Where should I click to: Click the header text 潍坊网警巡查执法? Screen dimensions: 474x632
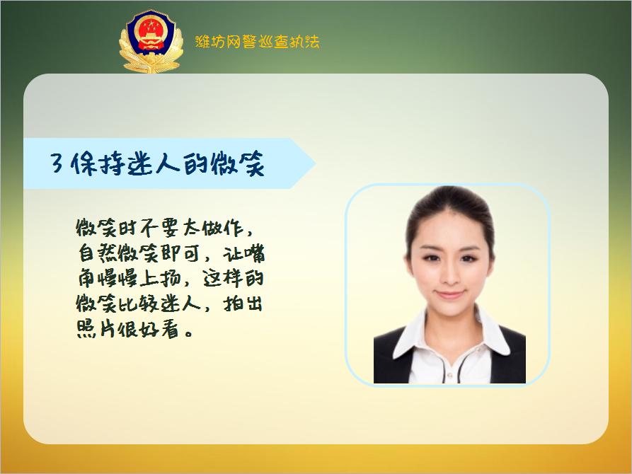click(x=257, y=42)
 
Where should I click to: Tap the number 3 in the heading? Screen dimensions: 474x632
click(x=58, y=164)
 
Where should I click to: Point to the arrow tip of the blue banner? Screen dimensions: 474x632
click(x=314, y=163)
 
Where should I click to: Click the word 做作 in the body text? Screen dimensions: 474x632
click(x=224, y=228)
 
